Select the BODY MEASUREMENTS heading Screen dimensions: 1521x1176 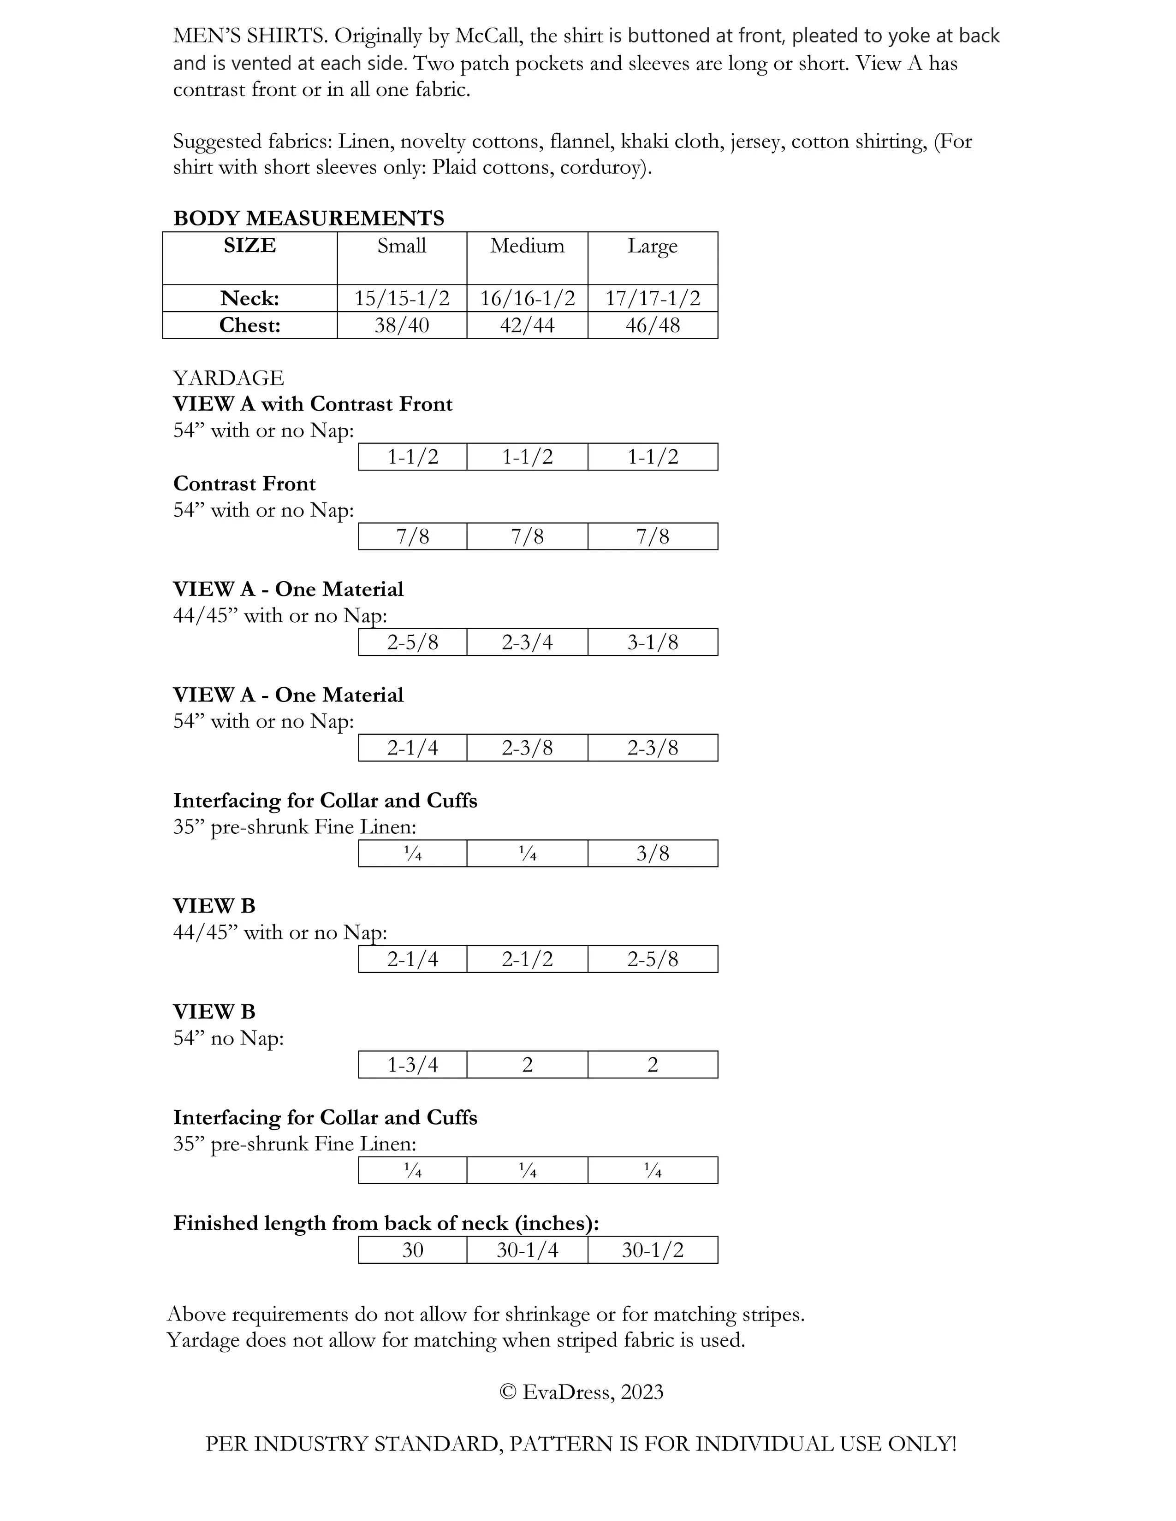click(x=309, y=218)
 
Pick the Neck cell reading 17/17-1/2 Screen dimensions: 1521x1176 click(x=652, y=298)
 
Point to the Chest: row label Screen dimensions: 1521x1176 click(x=249, y=325)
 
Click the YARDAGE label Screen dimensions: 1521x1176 click(x=228, y=377)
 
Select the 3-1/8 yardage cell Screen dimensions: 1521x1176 click(x=652, y=642)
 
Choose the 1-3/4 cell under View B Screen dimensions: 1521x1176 click(x=412, y=1065)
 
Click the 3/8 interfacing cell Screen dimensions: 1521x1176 click(x=652, y=853)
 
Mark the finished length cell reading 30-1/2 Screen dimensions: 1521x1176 click(x=652, y=1250)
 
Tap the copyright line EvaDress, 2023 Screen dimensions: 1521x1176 click(x=582, y=1392)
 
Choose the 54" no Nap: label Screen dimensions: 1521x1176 click(x=228, y=1038)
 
